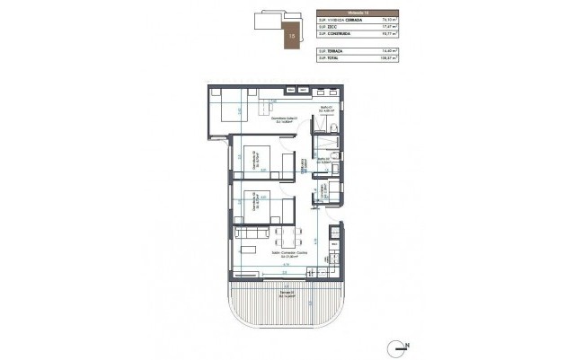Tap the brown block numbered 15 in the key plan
tap(292, 36)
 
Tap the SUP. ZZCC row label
tap(326, 27)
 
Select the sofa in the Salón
tap(248, 233)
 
